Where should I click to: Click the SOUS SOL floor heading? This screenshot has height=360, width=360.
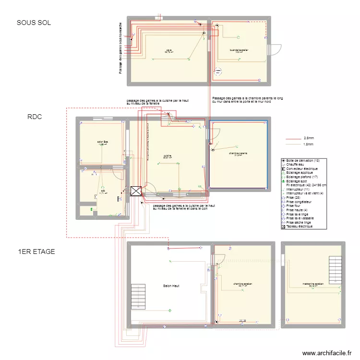tap(34, 23)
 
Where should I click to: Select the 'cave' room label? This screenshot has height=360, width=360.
tap(169, 50)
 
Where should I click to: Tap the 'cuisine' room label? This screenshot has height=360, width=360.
tap(167, 156)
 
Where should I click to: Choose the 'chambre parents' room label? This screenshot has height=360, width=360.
tap(238, 154)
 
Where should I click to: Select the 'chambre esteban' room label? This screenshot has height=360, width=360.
tap(243, 284)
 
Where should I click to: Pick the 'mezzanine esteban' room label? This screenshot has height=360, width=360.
tap(313, 284)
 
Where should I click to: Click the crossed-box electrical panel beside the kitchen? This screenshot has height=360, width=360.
tap(136, 192)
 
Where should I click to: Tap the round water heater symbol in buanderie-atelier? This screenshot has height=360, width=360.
tap(219, 71)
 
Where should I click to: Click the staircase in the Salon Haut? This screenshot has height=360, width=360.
tap(138, 297)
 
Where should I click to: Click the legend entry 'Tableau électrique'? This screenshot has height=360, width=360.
tap(300, 227)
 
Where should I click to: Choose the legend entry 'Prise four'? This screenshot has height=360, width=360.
tap(295, 206)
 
